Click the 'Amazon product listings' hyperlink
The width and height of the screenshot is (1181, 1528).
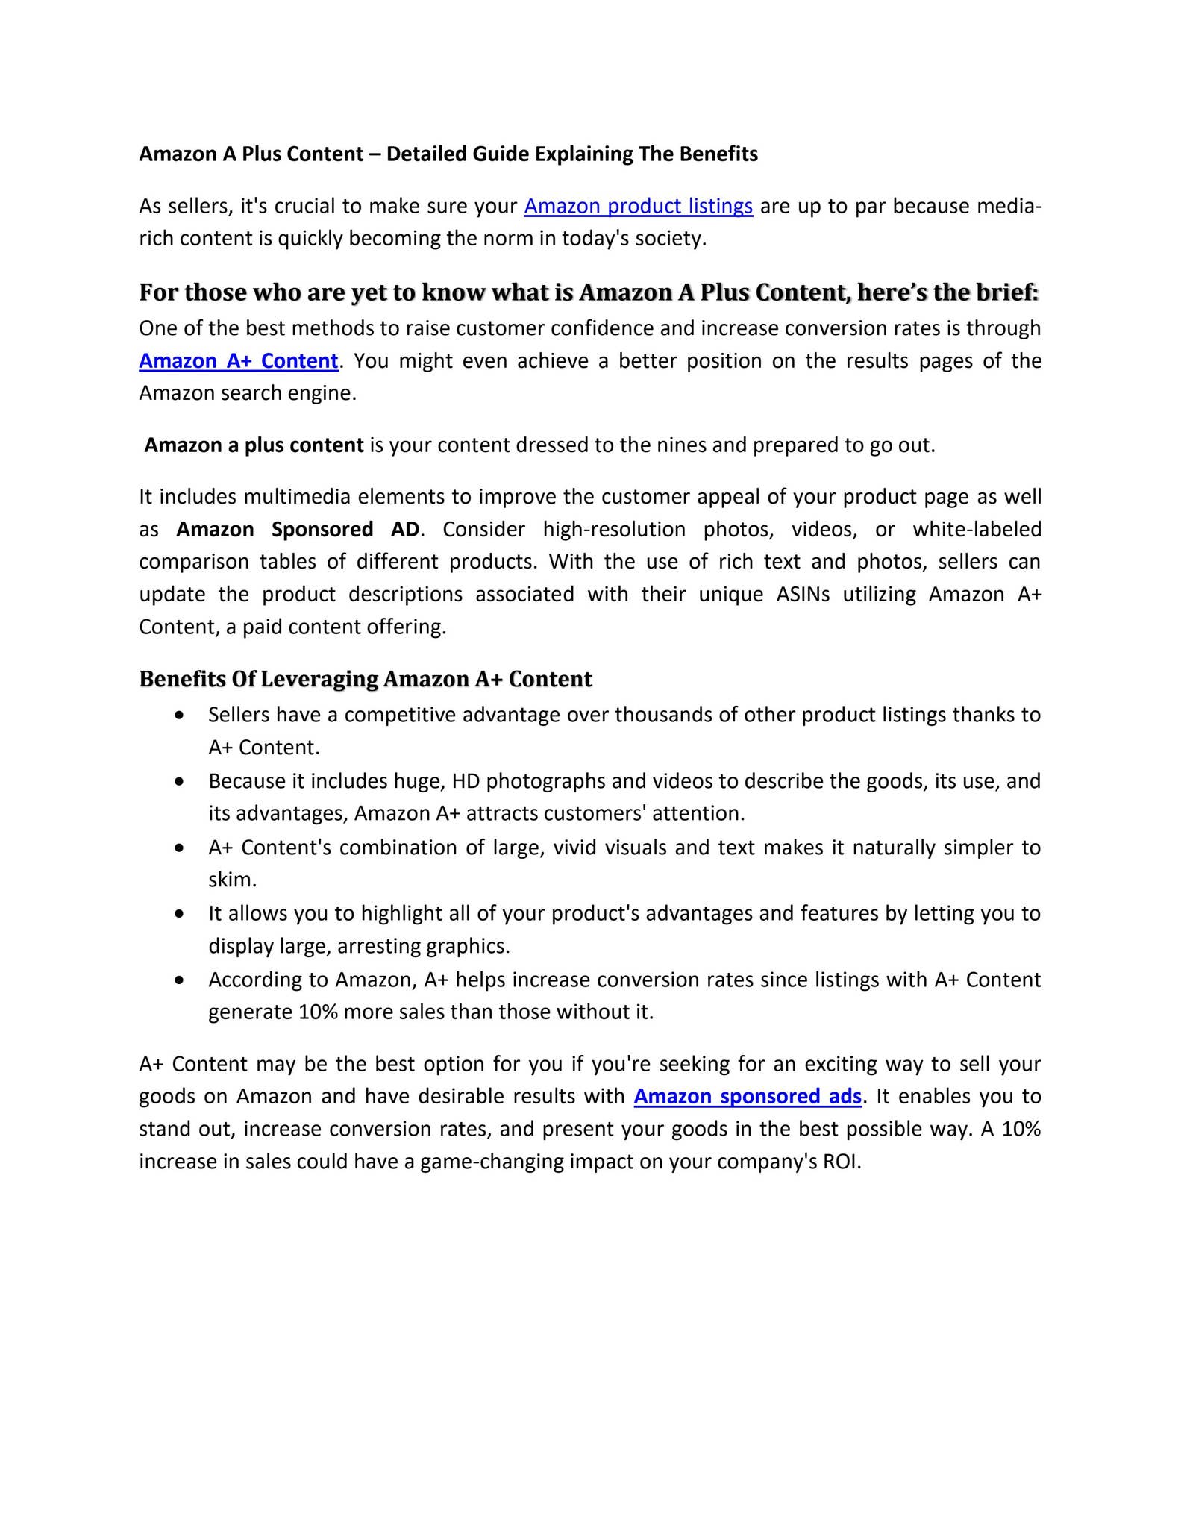[638, 206]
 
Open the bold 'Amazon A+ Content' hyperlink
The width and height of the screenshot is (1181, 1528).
[239, 361]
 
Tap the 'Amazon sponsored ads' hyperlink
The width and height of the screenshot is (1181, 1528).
[748, 1096]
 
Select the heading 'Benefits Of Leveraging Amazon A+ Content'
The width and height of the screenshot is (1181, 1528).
[365, 679]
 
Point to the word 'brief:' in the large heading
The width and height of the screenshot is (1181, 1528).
[1007, 292]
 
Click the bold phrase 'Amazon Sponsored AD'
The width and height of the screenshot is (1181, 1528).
[298, 529]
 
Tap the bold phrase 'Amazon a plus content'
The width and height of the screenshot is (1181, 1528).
[254, 445]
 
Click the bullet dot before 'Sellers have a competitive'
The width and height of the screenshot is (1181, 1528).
[179, 716]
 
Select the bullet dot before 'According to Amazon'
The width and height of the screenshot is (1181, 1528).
[179, 980]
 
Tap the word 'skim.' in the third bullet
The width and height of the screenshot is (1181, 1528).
[232, 880]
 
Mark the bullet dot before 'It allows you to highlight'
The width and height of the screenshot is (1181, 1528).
[179, 914]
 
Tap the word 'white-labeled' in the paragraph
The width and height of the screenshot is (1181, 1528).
[977, 529]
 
